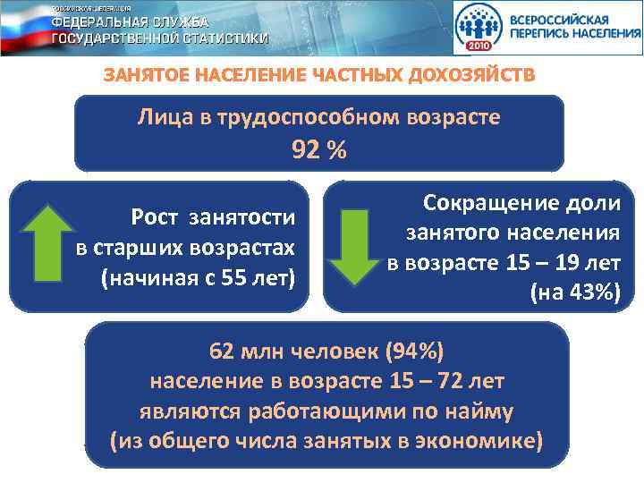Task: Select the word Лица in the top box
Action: click(x=161, y=116)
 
